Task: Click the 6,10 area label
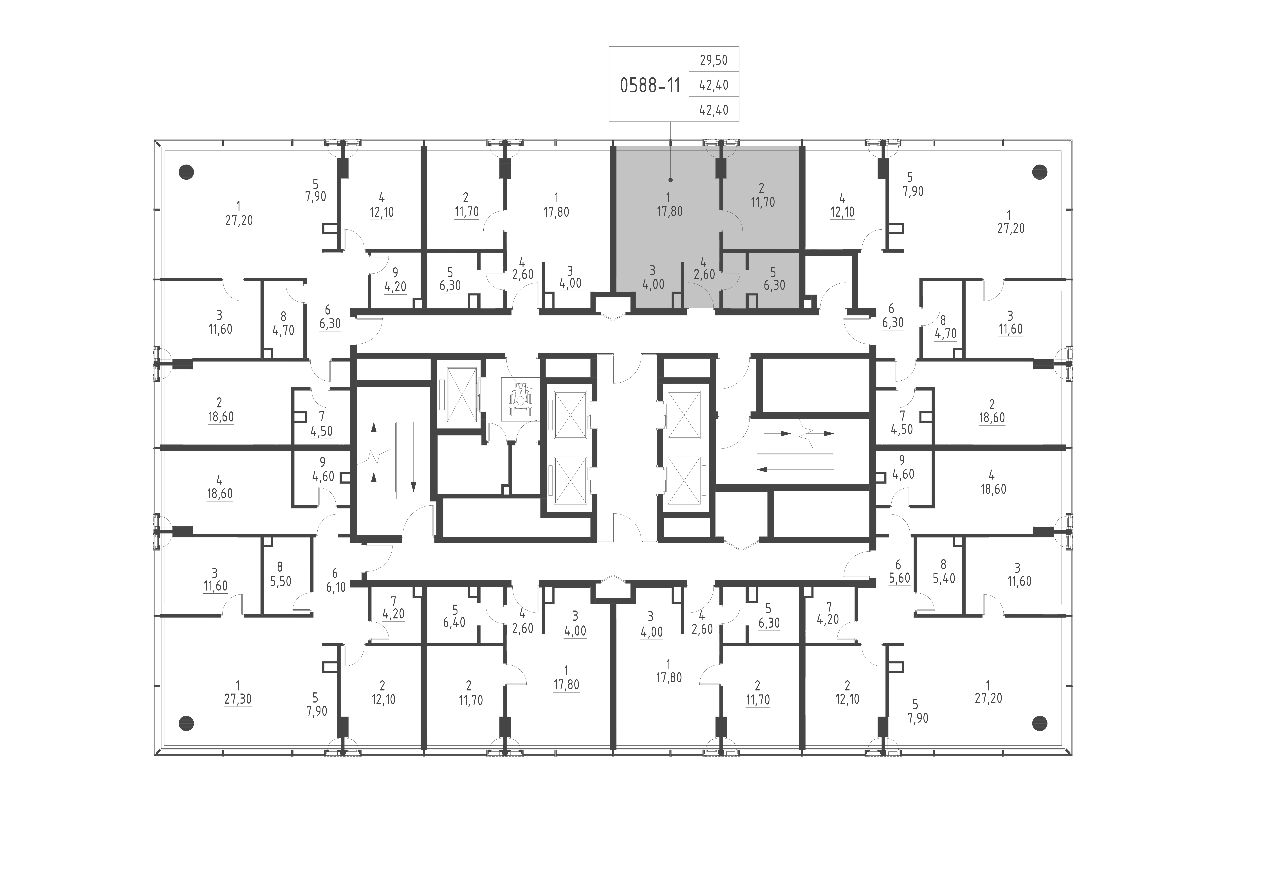point(336,587)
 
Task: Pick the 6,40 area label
point(454,622)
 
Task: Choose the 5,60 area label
point(899,578)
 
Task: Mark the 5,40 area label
point(944,578)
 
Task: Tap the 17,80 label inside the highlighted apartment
point(669,211)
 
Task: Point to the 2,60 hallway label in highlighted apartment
point(704,274)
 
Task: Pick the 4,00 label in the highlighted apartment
point(653,284)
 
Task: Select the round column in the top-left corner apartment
point(187,172)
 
